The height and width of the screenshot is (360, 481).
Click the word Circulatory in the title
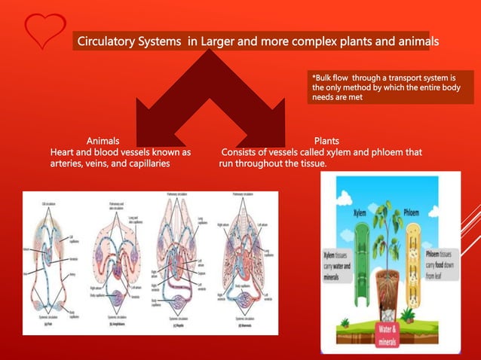coord(107,40)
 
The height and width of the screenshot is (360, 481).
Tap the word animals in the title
coord(413,40)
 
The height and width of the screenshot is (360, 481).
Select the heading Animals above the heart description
coord(107,141)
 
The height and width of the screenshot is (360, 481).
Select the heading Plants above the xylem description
coord(326,141)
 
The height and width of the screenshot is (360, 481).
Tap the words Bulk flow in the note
coord(329,78)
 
